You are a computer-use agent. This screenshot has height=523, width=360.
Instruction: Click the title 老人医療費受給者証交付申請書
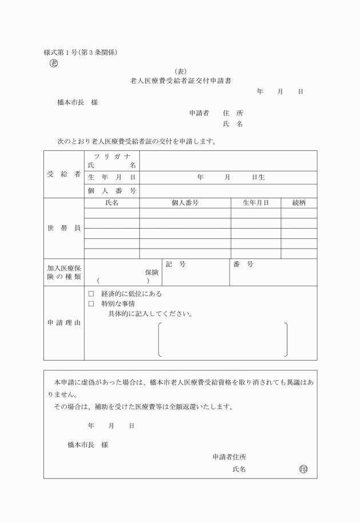tap(181, 81)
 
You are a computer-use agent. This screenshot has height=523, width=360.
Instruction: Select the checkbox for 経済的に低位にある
tap(91, 294)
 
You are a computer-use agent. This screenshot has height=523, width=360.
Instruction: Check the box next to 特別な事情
tap(91, 304)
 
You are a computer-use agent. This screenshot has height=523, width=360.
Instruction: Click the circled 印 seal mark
tap(303, 469)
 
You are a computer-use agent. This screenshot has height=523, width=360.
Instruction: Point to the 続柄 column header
tap(299, 203)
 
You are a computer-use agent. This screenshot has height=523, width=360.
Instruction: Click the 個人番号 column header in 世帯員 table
tap(185, 203)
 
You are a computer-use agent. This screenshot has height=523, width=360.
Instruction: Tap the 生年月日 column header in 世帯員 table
tap(255, 203)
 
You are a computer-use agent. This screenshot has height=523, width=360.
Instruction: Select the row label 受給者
tap(63, 174)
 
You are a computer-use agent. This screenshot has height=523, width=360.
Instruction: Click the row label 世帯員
tap(63, 228)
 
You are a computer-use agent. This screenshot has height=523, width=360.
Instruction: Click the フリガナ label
tap(111, 156)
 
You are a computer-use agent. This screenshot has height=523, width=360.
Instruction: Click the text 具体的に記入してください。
tap(150, 314)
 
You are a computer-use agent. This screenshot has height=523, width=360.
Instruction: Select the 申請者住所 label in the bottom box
tap(230, 457)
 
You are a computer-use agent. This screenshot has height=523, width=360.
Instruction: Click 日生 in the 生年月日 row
tap(258, 178)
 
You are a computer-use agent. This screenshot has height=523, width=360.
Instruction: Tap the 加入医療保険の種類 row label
tap(63, 272)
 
